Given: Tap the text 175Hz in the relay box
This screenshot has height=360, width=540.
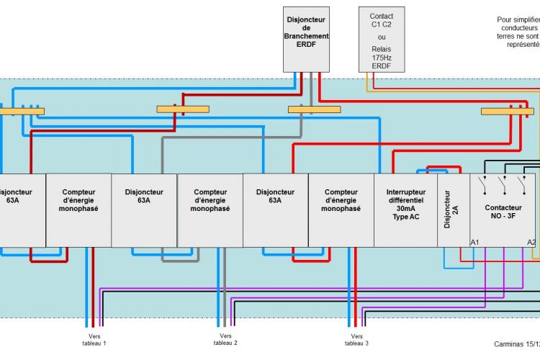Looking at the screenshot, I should click(x=382, y=56).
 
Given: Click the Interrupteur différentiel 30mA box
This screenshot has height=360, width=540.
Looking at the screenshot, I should click(x=405, y=200).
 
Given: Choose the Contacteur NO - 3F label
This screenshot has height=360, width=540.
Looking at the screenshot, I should click(x=503, y=211).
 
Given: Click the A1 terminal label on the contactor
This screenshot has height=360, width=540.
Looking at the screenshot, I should click(x=474, y=242).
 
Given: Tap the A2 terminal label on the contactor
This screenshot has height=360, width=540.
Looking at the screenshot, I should click(x=531, y=242).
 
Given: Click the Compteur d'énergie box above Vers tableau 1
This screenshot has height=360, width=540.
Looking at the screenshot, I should click(x=79, y=200).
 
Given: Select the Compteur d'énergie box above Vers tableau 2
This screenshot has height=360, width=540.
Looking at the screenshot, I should click(x=210, y=200).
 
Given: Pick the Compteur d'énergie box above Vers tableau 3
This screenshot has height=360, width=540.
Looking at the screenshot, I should click(x=341, y=200).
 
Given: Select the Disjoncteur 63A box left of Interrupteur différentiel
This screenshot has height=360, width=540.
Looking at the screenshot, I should click(x=276, y=200).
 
